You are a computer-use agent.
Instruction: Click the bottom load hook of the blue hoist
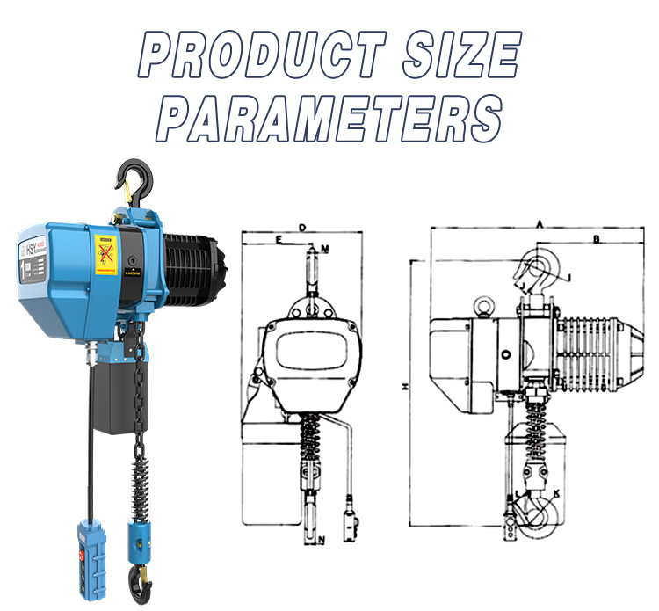point(138,576)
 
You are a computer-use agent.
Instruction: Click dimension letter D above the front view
point(301,228)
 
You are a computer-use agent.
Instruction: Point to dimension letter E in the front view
point(279,239)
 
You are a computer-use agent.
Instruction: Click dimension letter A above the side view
point(538,226)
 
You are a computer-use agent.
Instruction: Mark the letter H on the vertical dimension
point(403,386)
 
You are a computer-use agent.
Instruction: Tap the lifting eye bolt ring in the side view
point(482,307)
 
